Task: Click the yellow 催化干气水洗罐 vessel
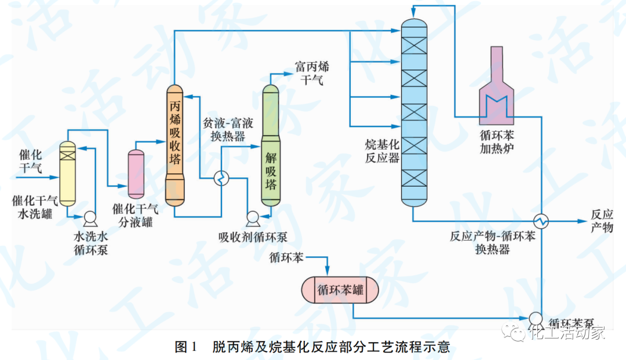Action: pyautogui.click(x=68, y=174)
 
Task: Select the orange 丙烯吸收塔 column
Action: pyautogui.click(x=174, y=145)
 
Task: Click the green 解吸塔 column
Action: pyautogui.click(x=271, y=145)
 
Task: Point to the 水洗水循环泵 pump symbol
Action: pyautogui.click(x=90, y=218)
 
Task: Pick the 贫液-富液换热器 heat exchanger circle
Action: pyautogui.click(x=221, y=179)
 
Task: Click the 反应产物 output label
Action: pyautogui.click(x=601, y=220)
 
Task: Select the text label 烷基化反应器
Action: pyautogui.click(x=382, y=151)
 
